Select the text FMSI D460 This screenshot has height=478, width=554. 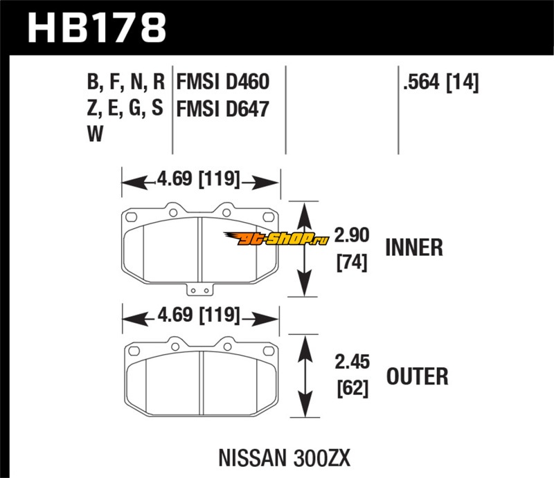click(x=222, y=84)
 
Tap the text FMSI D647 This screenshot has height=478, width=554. click(x=222, y=109)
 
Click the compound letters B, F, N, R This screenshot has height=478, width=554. click(x=125, y=84)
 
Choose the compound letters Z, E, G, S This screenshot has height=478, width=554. click(x=125, y=109)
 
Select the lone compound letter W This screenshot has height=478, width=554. click(x=95, y=134)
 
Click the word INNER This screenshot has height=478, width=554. click(x=413, y=247)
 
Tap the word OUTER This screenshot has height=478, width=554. click(x=416, y=376)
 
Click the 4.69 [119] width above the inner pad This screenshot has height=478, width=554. click(x=199, y=182)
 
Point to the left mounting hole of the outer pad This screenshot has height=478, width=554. click(x=135, y=348)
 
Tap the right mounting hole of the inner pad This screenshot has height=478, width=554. click(x=267, y=214)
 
